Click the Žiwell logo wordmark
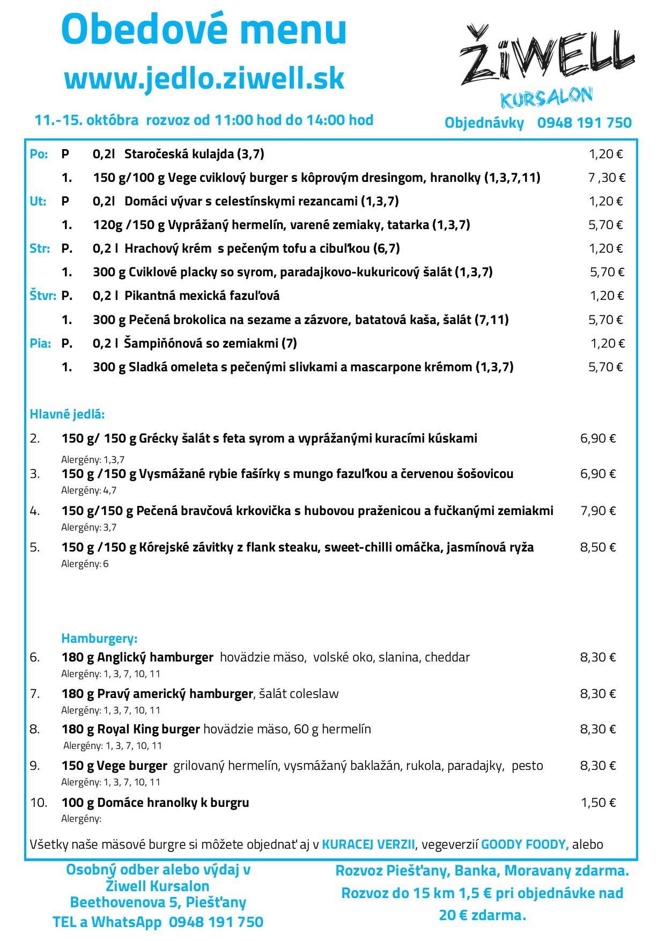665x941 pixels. pyautogui.click(x=547, y=56)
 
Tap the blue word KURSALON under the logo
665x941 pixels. pyautogui.click(x=546, y=98)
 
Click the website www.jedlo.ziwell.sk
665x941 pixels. pyautogui.click(x=204, y=79)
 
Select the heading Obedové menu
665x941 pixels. pyautogui.click(x=204, y=30)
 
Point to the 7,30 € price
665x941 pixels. pyautogui.click(x=607, y=178)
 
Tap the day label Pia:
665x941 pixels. pyautogui.click(x=40, y=343)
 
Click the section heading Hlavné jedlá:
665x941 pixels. pyautogui.click(x=67, y=414)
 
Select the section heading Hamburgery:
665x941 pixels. pyautogui.click(x=99, y=638)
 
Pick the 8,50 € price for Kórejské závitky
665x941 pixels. pyautogui.click(x=598, y=547)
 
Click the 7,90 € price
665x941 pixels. pyautogui.click(x=598, y=511)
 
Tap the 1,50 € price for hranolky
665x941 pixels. pyautogui.click(x=598, y=803)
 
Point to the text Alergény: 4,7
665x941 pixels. pyautogui.click(x=88, y=490)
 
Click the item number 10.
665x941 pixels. pyautogui.click(x=39, y=803)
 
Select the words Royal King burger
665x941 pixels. pyautogui.click(x=149, y=729)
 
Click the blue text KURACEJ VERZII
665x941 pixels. pyautogui.click(x=368, y=844)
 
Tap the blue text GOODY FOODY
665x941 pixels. pyautogui.click(x=524, y=844)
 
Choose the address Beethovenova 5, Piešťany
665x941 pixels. pyautogui.click(x=158, y=902)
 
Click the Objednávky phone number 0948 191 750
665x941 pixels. pyautogui.click(x=584, y=123)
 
